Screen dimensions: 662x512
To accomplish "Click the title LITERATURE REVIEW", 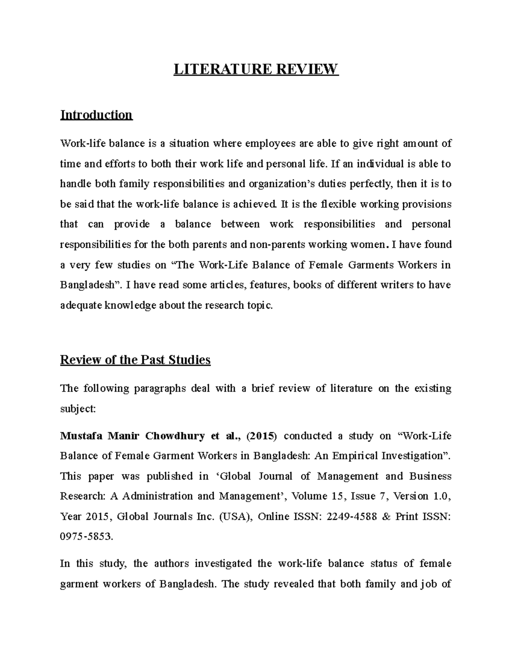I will tap(256, 69).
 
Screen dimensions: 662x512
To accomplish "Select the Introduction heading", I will tap(96, 115).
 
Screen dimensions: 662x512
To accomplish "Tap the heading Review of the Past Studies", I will tap(135, 360).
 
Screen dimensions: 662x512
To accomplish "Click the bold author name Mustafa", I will tap(81, 436).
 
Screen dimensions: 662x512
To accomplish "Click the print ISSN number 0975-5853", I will tap(86, 537).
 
